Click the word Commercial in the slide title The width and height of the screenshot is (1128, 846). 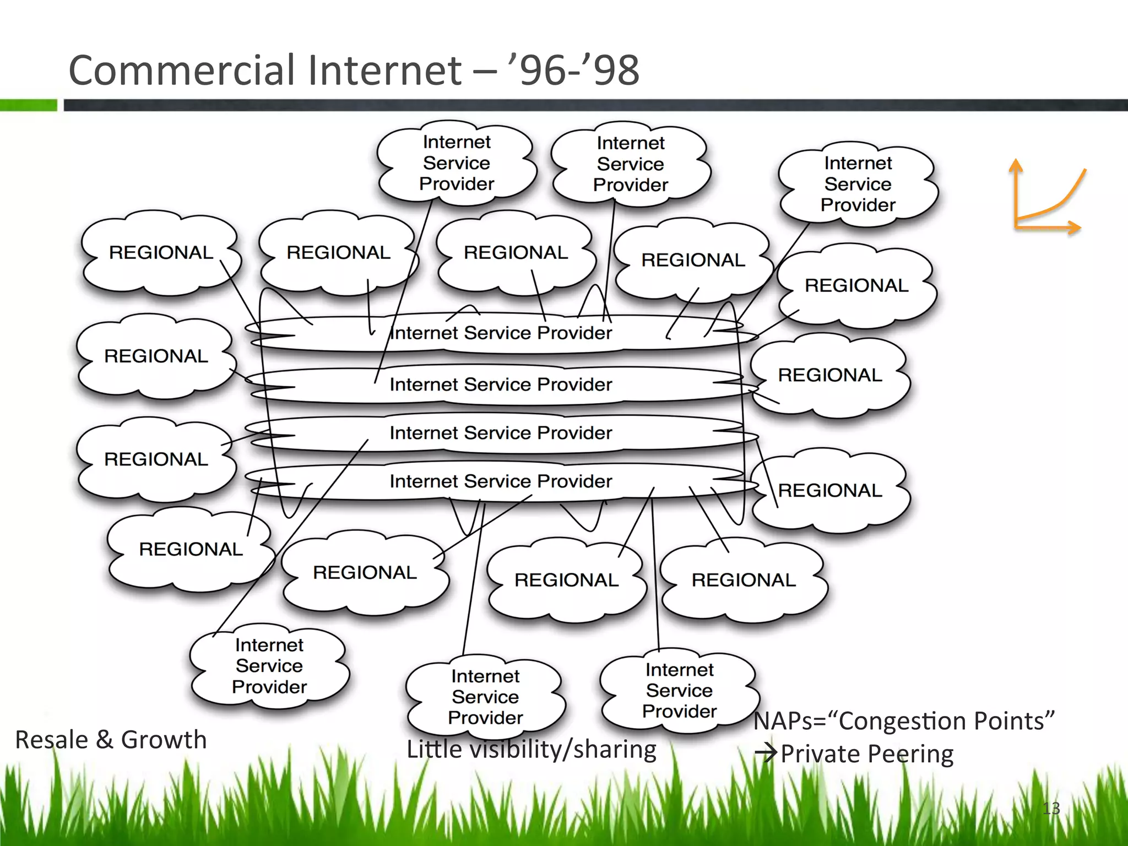[182, 70]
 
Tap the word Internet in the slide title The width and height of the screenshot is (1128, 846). [384, 70]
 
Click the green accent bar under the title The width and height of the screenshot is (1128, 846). [29, 105]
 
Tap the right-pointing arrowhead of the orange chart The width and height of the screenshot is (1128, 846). [1075, 227]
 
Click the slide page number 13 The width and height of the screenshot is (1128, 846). [1051, 809]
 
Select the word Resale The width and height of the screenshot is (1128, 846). [51, 740]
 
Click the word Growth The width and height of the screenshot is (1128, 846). [164, 740]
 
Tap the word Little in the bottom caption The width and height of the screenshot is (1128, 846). [434, 749]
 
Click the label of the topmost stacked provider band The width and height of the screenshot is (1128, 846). [500, 333]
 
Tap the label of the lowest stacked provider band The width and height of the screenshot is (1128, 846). [500, 481]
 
